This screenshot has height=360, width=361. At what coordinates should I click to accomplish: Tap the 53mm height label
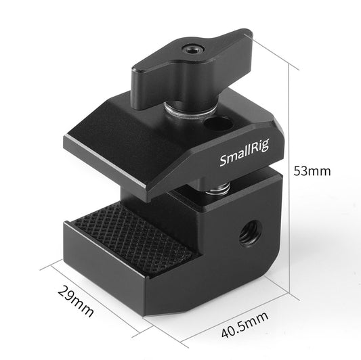pyautogui.click(x=312, y=171)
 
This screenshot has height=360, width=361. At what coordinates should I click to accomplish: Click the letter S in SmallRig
pyautogui.click(x=224, y=163)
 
